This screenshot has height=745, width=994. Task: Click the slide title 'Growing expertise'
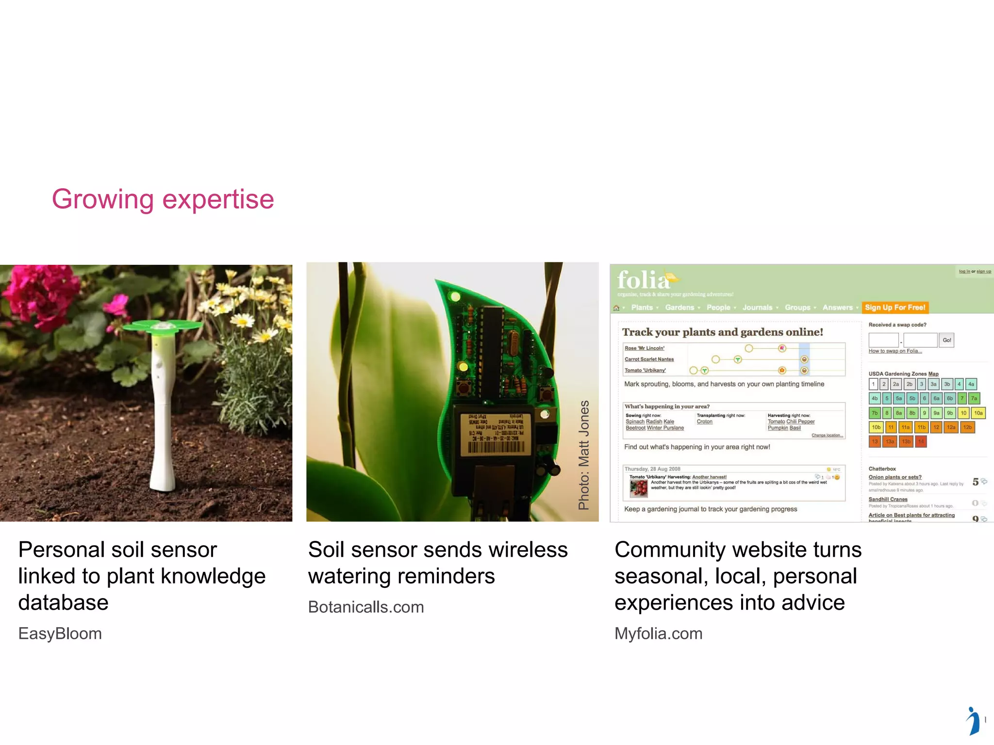tap(163, 199)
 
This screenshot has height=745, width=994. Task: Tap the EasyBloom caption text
tap(60, 633)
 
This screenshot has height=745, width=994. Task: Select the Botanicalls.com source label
tap(366, 607)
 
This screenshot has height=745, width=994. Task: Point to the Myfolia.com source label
tap(658, 633)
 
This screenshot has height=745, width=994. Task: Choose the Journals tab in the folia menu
tap(757, 308)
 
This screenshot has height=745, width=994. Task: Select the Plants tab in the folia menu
tap(642, 308)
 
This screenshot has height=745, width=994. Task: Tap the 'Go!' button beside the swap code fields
tap(946, 340)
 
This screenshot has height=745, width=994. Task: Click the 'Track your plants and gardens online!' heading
tap(722, 332)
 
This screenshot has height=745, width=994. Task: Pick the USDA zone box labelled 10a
tap(978, 413)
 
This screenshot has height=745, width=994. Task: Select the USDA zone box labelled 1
tap(873, 384)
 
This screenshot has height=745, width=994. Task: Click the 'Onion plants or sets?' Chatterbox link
tap(895, 477)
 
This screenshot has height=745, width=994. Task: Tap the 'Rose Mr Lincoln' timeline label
tap(644, 348)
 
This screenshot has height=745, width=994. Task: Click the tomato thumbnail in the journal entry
tap(638, 488)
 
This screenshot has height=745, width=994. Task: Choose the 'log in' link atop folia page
tap(964, 272)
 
